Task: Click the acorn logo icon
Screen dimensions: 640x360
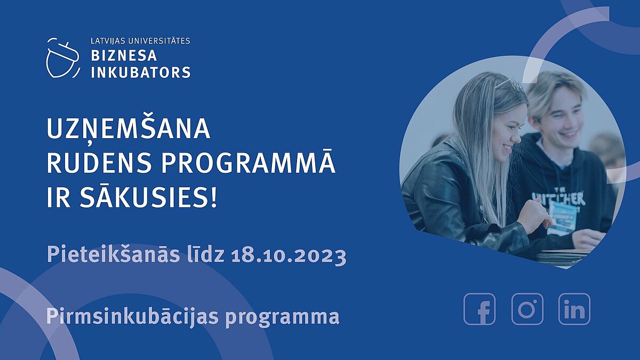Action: (63, 58)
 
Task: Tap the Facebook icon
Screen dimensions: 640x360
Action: (479, 309)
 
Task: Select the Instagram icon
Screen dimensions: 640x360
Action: (527, 309)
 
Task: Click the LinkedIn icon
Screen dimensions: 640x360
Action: (574, 309)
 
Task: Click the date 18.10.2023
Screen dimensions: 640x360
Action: (289, 255)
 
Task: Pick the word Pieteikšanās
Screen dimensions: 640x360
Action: (113, 254)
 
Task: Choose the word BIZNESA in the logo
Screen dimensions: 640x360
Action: (124, 55)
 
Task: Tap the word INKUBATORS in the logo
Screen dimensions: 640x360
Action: (141, 72)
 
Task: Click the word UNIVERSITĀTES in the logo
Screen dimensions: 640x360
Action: (159, 41)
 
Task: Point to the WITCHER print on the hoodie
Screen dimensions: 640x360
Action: (558, 197)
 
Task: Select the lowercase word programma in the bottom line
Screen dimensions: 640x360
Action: (282, 318)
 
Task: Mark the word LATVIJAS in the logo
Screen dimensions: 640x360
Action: (108, 41)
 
